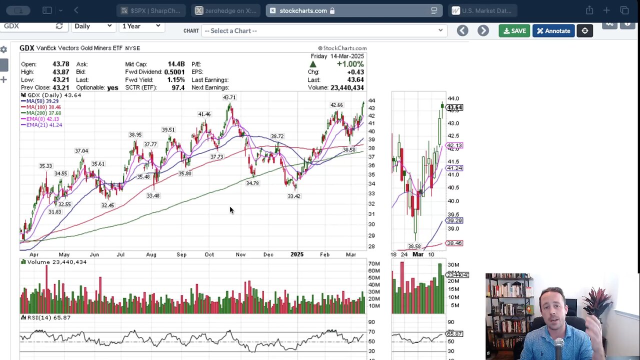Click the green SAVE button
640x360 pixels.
514,31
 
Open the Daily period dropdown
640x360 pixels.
93,26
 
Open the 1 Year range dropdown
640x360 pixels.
141,26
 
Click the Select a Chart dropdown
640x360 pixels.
323,31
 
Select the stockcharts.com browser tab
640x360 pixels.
303,10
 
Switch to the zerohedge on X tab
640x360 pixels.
225,10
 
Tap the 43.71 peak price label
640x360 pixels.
229,97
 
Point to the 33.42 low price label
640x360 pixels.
294,196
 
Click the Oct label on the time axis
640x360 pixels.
209,254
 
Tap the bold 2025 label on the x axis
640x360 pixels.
297,254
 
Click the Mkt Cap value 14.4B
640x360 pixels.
176,64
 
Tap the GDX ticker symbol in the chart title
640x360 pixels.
26,48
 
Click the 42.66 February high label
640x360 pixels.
336,105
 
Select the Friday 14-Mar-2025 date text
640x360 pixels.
337,56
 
